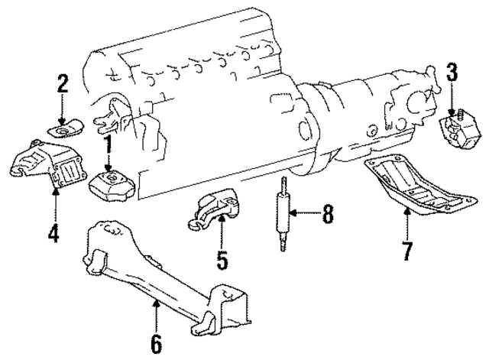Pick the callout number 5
pos(222,261)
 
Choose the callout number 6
pos(157,343)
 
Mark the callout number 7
pos(408,249)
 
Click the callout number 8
pos(328,216)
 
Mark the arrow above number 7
pos(408,222)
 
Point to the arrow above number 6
pos(157,313)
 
